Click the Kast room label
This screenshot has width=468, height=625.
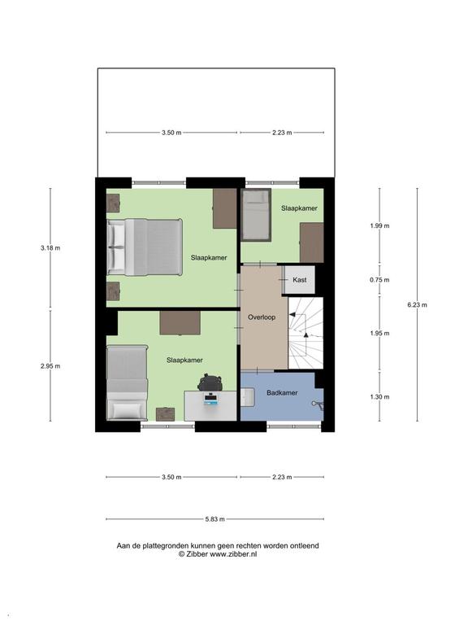pos(299,280)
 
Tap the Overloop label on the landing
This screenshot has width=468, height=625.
pos(262,317)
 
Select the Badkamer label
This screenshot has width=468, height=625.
pos(282,392)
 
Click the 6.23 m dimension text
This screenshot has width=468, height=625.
pos(417,305)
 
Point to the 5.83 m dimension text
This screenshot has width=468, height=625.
pos(214,519)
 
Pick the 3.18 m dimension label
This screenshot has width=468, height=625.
pos(50,248)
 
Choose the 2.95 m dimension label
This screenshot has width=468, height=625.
pos(50,366)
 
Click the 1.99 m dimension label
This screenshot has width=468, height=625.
pos(379,225)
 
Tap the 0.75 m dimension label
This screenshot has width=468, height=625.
pos(379,280)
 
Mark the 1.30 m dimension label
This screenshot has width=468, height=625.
pos(379,396)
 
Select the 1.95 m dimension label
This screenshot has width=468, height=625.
pos(379,333)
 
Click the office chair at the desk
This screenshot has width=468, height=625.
pos(210,382)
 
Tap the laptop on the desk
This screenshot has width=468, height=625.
pos(210,399)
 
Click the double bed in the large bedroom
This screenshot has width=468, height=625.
pos(145,247)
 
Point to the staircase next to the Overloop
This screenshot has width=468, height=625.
pos(305,333)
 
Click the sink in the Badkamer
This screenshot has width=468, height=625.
pos(247,396)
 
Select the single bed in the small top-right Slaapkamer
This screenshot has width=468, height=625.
pos(256,215)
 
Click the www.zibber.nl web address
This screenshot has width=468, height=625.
pos(233,553)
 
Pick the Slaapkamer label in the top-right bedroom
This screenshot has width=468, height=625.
pos(299,208)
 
